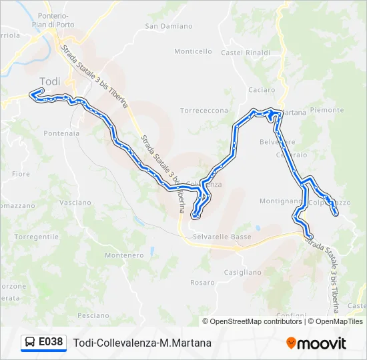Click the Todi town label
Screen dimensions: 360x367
pyautogui.click(x=50, y=81)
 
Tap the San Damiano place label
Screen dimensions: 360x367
pyautogui.click(x=163, y=27)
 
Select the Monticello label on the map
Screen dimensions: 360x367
pyautogui.click(x=193, y=51)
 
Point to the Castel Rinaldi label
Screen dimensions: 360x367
pyautogui.click(x=245, y=53)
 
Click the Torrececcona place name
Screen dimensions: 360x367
pyautogui.click(x=204, y=111)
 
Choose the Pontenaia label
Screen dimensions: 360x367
pyautogui.click(x=61, y=133)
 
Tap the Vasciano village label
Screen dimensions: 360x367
pyautogui.click(x=75, y=202)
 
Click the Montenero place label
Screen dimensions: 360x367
pyautogui.click(x=124, y=255)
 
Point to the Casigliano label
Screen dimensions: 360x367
pyautogui.click(x=243, y=272)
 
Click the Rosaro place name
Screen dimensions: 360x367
pyautogui.click(x=200, y=283)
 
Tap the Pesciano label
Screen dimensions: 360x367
pyautogui.click(x=93, y=315)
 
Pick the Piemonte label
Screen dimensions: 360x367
pyautogui.click(x=327, y=110)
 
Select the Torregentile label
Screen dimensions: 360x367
pyautogui.click(x=37, y=237)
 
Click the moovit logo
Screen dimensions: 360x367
pyautogui.click(x=316, y=343)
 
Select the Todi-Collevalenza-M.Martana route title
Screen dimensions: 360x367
pyautogui.click(x=142, y=343)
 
